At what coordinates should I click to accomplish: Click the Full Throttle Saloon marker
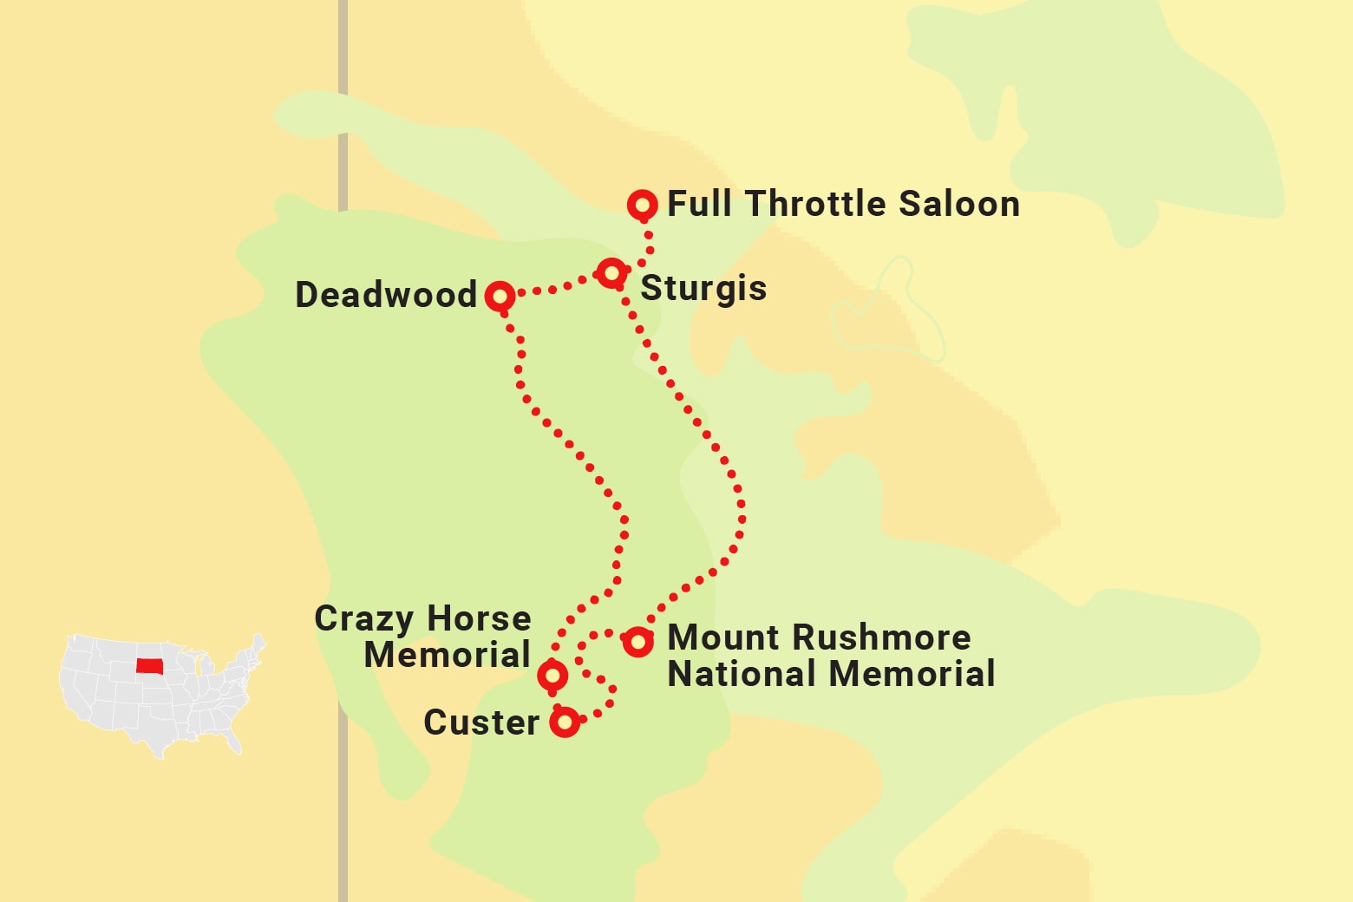tap(642, 206)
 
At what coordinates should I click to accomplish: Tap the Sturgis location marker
tap(611, 273)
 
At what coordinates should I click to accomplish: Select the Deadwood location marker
tap(500, 297)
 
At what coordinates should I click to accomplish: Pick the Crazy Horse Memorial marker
tap(552, 675)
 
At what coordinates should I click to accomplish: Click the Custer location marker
tap(565, 721)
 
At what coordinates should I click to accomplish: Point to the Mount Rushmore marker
tap(637, 642)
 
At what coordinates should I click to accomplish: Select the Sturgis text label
tap(703, 289)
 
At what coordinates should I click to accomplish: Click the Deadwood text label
tap(386, 295)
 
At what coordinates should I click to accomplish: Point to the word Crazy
tap(364, 620)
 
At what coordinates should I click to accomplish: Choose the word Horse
tap(479, 619)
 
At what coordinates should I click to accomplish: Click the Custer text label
tap(481, 722)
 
